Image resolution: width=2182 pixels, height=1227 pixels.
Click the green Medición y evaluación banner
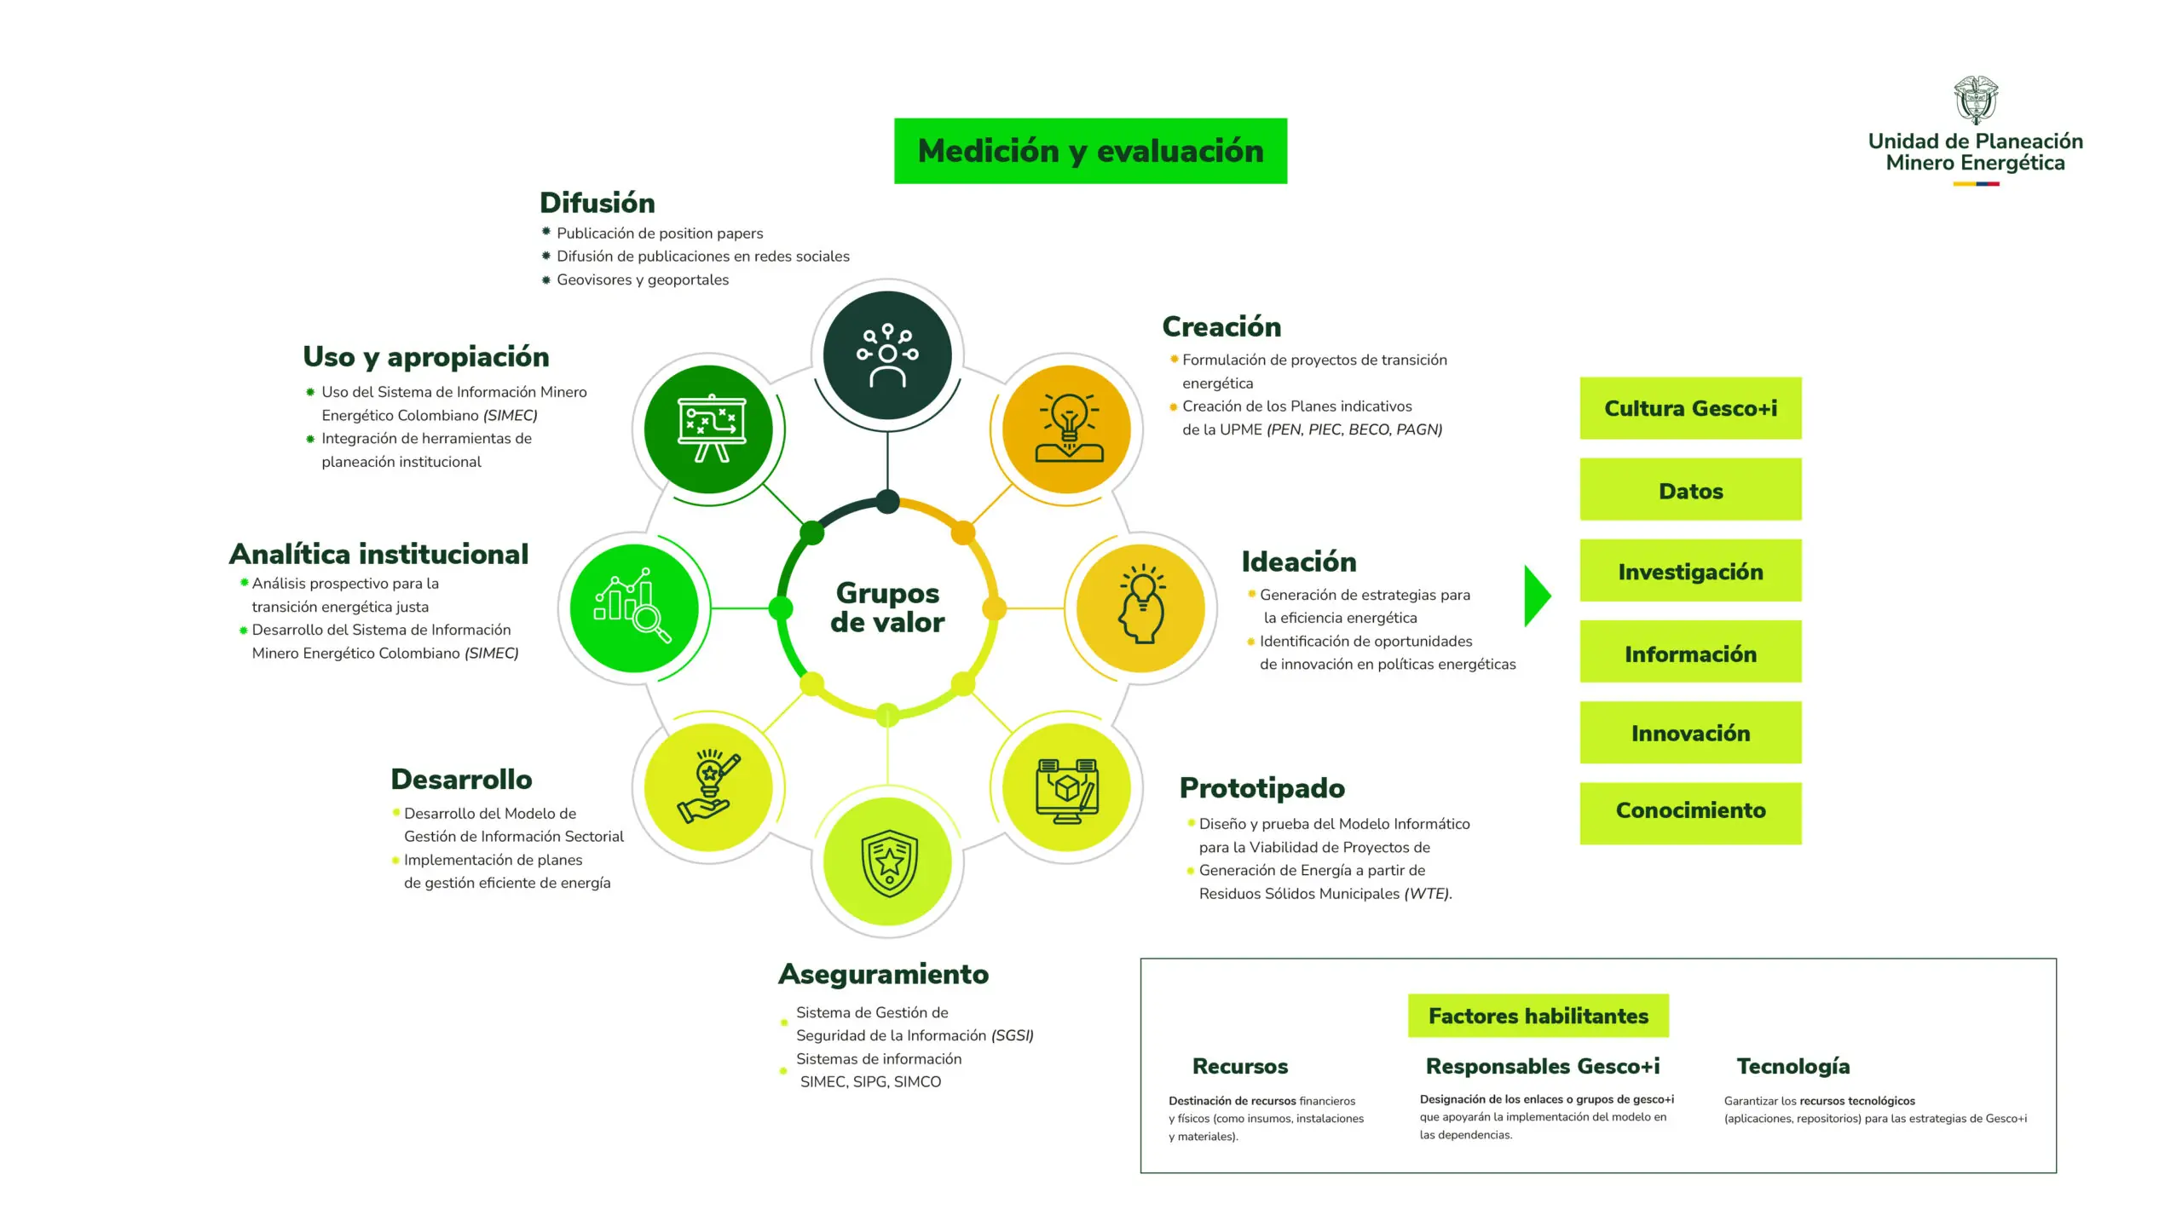click(x=1090, y=151)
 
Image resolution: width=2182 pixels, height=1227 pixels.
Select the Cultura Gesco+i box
click(x=1690, y=408)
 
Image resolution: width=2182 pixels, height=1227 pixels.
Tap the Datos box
click(x=1690, y=490)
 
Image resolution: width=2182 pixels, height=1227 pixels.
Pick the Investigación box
click(x=1690, y=571)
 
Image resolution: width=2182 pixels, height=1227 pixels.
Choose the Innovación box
click(x=1690, y=733)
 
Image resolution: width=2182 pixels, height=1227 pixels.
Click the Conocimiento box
click(x=1690, y=810)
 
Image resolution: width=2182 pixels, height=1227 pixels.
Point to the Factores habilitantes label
click(x=1538, y=1016)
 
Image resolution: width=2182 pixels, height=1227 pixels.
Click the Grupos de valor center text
click(x=887, y=608)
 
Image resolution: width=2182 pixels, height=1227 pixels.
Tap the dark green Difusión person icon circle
click(x=887, y=355)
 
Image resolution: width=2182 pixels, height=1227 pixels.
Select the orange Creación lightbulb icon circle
click(x=1066, y=429)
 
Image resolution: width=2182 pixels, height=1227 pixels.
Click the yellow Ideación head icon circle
click(x=1140, y=608)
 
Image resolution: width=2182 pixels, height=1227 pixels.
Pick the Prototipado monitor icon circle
click(x=1066, y=787)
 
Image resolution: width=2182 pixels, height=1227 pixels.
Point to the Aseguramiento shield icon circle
click(x=887, y=861)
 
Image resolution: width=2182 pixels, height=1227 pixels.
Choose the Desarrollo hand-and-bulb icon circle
click(x=708, y=787)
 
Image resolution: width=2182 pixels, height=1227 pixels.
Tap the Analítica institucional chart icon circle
click(x=634, y=608)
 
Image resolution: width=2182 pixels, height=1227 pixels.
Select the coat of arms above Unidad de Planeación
click(x=1975, y=101)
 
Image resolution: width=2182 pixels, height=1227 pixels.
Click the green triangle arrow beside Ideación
click(x=1536, y=596)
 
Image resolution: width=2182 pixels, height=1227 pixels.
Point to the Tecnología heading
click(x=1792, y=1066)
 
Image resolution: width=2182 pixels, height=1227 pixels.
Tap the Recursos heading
click(x=1239, y=1066)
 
